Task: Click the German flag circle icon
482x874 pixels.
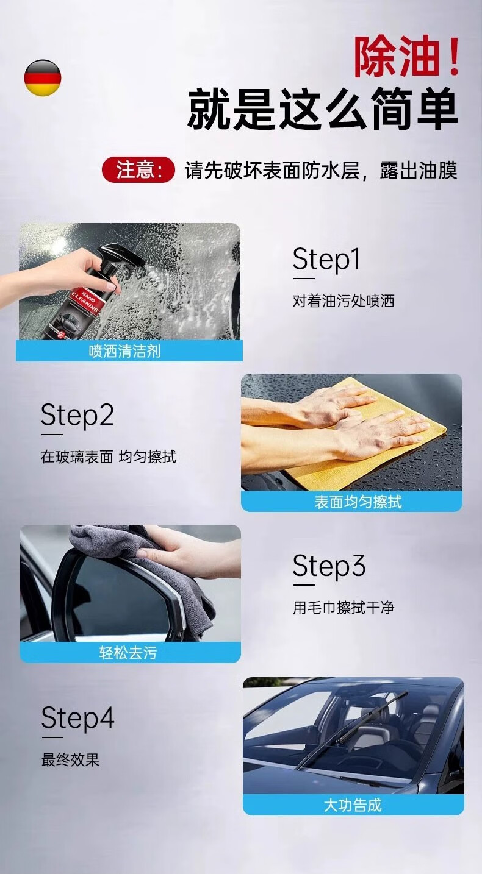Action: tap(43, 77)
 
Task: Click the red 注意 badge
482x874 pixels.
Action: tap(138, 169)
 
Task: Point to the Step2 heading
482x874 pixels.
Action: tap(77, 415)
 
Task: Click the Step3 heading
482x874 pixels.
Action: tap(329, 566)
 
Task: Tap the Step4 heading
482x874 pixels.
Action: tap(77, 718)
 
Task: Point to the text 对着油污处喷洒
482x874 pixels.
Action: tap(344, 301)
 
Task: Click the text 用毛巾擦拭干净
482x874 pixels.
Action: tap(344, 608)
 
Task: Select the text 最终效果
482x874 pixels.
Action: tap(71, 759)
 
